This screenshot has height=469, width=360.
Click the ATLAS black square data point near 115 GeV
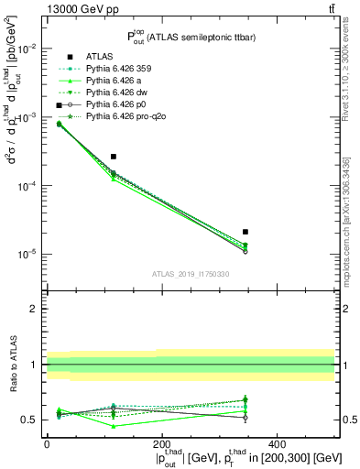tap(113, 157)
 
